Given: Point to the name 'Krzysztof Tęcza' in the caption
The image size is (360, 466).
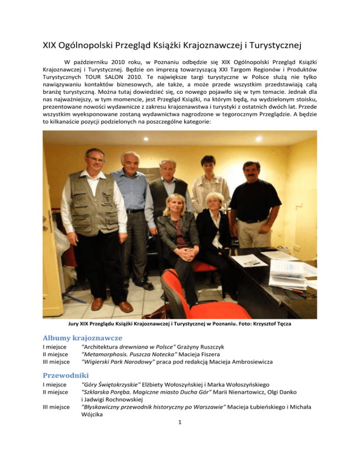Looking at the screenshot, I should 277,323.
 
